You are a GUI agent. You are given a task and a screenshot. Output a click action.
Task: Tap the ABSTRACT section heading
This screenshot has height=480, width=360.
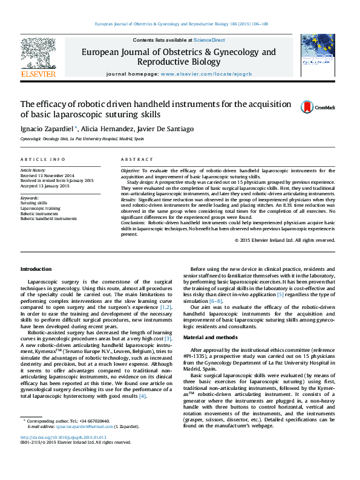pos(137,159)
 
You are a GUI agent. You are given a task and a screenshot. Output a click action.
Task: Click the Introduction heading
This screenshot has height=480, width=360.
pos(36,268)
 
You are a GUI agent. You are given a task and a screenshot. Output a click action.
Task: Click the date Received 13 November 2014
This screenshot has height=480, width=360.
pos(48,175)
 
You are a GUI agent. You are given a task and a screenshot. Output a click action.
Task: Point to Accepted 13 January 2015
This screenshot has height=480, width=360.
pos(45,186)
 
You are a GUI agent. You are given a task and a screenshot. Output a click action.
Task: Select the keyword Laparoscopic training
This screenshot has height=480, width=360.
pos(40,208)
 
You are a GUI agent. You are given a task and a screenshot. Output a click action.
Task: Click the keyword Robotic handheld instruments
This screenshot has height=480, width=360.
pos(48,218)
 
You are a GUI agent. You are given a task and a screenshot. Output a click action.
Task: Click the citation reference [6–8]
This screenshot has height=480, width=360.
pos(215,300)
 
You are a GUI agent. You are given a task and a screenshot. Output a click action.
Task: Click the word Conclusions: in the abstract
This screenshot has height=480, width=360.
pos(133,223)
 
